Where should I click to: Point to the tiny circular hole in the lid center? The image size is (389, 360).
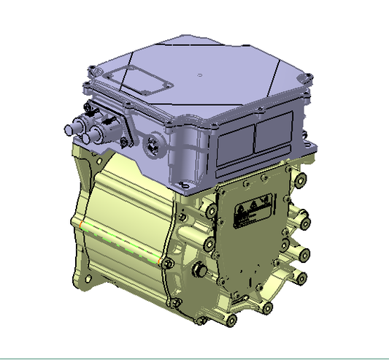pos(199,75)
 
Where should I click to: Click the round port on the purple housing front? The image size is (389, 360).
pos(153,142)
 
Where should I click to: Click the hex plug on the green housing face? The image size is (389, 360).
pos(197,272)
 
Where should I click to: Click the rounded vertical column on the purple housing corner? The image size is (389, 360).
pos(191,157)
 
